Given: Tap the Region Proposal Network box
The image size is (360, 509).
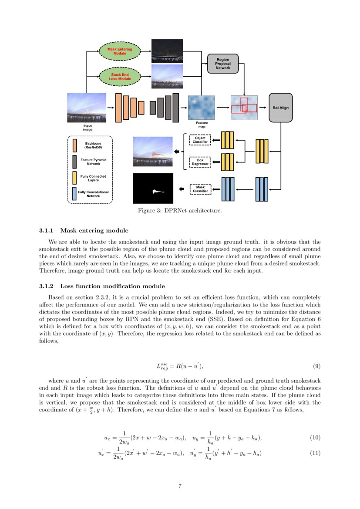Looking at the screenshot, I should pyautogui.click(x=223, y=64).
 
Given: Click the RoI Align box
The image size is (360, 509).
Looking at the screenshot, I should pyautogui.click(x=280, y=107).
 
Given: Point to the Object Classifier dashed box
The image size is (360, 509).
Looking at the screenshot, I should pyautogui.click(x=200, y=140).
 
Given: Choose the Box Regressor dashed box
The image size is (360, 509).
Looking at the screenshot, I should pyautogui.click(x=200, y=162).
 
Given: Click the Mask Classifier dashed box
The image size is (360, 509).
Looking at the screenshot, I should pyautogui.click(x=200, y=189).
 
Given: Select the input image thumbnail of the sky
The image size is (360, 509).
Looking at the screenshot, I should pyautogui.click(x=86, y=107).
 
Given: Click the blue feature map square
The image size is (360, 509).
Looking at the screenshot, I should pyautogui.click(x=202, y=107).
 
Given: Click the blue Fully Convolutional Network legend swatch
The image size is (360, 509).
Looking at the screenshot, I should pyautogui.click(x=75, y=194).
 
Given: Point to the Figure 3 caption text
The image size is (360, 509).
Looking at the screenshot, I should pyautogui.click(x=180, y=211).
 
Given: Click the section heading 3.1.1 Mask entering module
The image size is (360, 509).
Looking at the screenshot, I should pyautogui.click(x=84, y=230).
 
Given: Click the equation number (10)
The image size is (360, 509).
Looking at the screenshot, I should pyautogui.click(x=315, y=437).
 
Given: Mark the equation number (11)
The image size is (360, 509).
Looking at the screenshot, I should pyautogui.click(x=315, y=453).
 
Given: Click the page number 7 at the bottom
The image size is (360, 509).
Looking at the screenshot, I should pyautogui.click(x=180, y=486).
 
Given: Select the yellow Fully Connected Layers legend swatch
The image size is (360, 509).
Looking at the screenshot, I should pyautogui.click(x=75, y=178).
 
